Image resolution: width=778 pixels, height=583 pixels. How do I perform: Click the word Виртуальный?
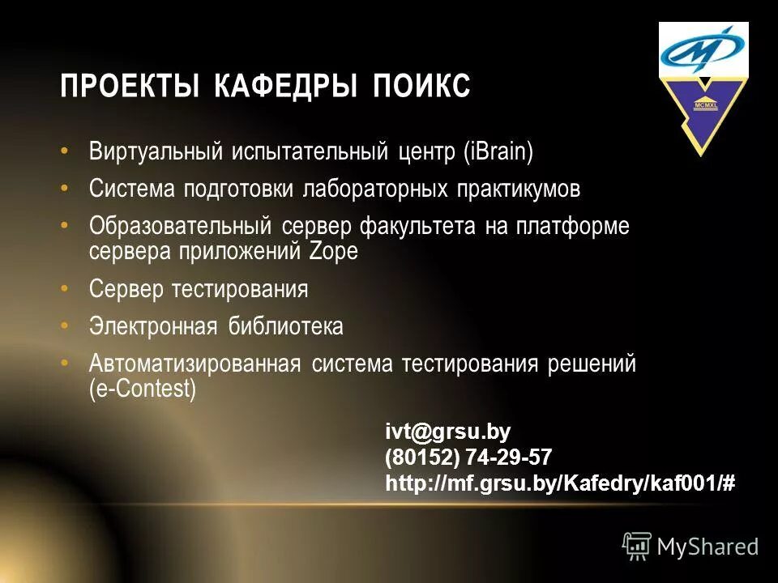155,151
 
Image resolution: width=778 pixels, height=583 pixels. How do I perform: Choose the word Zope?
334,251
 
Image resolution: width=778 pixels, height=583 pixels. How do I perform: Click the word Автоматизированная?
194,364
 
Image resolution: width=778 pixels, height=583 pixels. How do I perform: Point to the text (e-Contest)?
143,389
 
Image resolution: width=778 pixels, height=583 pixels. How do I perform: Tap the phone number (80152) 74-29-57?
468,457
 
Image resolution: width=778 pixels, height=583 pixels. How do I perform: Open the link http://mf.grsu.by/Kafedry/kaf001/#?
560,483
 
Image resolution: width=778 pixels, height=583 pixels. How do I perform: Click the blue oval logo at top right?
703,49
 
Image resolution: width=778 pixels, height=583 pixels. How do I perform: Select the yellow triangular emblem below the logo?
702,113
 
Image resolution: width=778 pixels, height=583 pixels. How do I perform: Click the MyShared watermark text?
707,547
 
